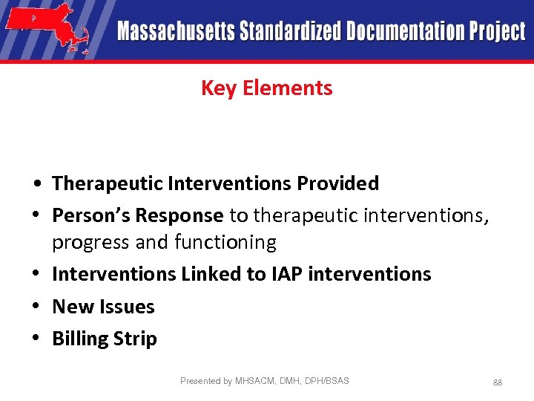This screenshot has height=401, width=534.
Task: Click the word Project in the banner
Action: coord(497,32)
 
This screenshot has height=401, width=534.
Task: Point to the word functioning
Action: coord(225,242)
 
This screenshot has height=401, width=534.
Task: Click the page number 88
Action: coord(498,382)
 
